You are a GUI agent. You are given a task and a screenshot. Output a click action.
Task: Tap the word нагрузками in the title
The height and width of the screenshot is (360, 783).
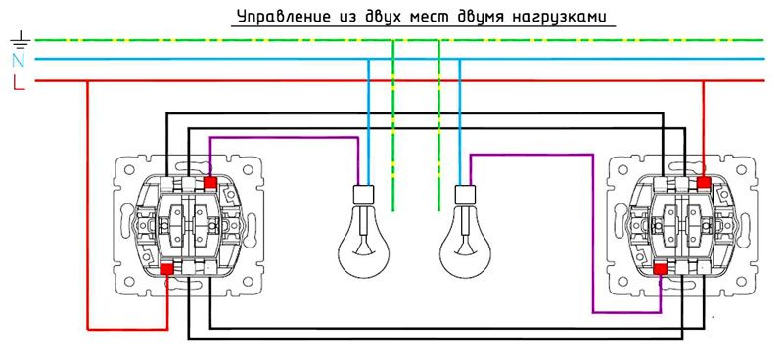coord(561,17)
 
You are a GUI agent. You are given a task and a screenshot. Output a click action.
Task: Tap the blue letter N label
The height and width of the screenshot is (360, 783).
coord(18,62)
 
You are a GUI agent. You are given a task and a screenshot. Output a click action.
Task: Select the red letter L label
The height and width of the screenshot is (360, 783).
coord(18,83)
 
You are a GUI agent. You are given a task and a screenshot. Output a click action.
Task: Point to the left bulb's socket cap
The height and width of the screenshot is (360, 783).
coord(363,194)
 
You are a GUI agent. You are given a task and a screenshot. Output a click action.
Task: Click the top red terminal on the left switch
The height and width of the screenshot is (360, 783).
coord(210,182)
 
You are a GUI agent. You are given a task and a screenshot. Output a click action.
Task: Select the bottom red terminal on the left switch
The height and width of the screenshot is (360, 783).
coord(167,267)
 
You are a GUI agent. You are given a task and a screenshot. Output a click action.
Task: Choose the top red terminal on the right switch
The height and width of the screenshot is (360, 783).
coord(704,182)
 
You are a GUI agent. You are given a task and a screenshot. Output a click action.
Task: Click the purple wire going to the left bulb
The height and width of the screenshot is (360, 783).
coord(284,138)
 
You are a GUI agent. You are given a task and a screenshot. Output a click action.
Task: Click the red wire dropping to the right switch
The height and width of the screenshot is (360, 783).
coord(704,127)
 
